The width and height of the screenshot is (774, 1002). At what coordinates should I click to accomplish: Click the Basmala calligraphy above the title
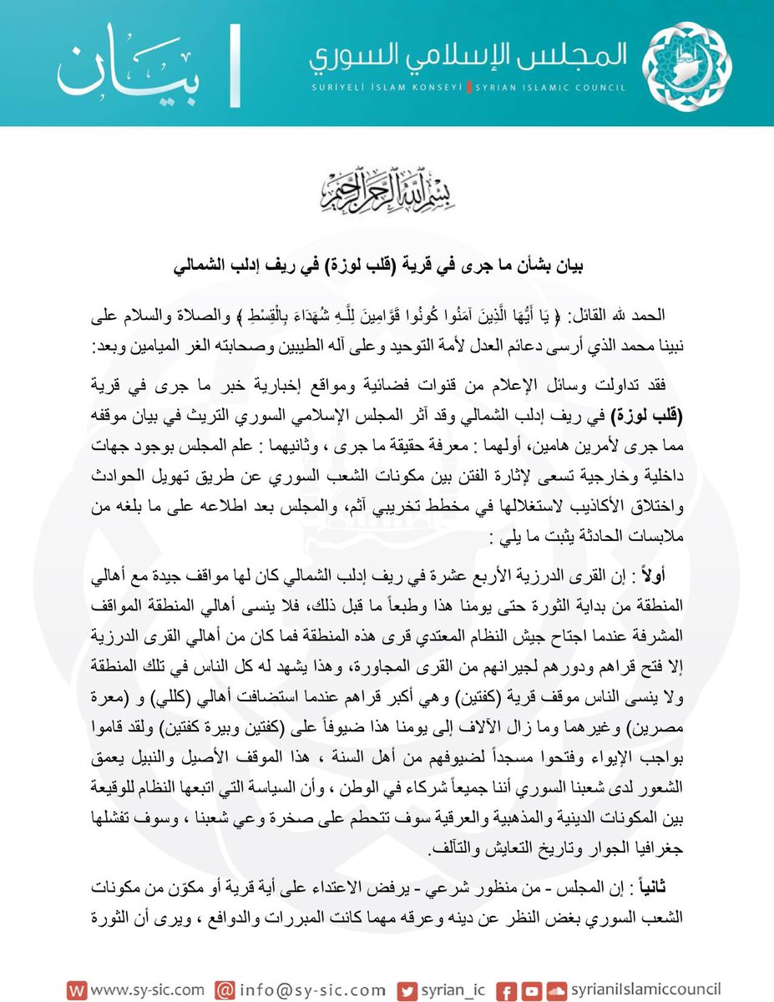(x=387, y=190)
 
